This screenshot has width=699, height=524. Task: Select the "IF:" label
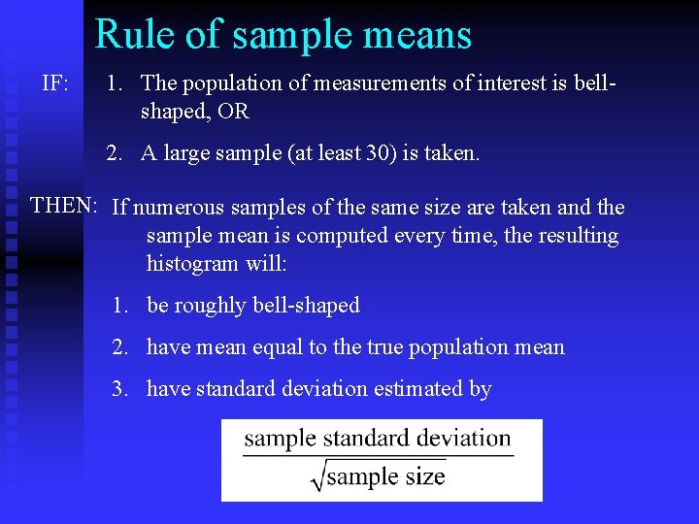pyautogui.click(x=55, y=84)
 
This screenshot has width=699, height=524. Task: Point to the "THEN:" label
pyautogui.click(x=64, y=205)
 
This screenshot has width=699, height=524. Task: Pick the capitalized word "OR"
pyautogui.click(x=234, y=111)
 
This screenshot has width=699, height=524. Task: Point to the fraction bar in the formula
pyautogui.click(x=379, y=456)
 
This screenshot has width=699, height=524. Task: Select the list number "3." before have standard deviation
pyautogui.click(x=120, y=389)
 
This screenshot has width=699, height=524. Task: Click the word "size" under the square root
pyautogui.click(x=424, y=476)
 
